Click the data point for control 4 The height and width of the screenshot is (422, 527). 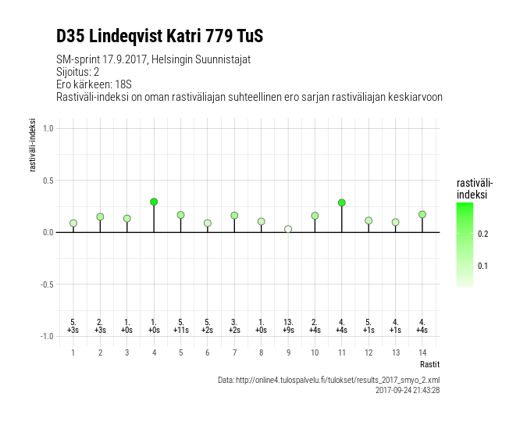[x=154, y=202]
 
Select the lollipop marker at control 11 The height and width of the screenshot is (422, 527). [x=342, y=202]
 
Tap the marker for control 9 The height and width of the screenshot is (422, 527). [x=288, y=229]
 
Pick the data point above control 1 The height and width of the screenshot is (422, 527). [x=73, y=223]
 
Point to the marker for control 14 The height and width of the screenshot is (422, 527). [x=422, y=214]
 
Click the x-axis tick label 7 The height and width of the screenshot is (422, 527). [x=234, y=352]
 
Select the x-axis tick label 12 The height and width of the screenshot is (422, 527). [x=369, y=352]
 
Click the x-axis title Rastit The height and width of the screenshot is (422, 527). [x=429, y=364]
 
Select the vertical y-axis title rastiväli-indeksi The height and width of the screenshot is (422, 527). [x=34, y=145]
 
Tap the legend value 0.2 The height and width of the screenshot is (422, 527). [x=482, y=234]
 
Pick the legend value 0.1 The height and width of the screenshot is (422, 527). [x=482, y=266]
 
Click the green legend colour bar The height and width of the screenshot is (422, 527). [x=464, y=245]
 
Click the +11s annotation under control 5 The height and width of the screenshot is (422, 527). [x=180, y=331]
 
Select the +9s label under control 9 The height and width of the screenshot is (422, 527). [x=288, y=331]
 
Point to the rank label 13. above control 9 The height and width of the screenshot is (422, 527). [x=288, y=322]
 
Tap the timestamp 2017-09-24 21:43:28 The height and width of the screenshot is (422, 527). [x=408, y=389]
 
